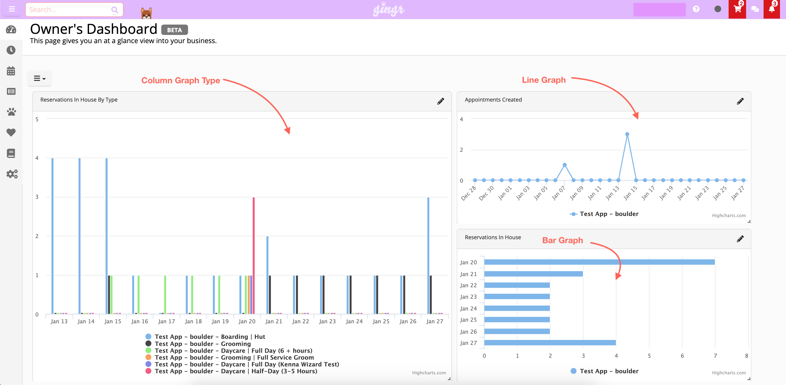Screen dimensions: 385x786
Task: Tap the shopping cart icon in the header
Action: click(737, 9)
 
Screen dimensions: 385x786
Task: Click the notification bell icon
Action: click(772, 9)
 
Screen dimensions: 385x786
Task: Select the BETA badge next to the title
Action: click(174, 30)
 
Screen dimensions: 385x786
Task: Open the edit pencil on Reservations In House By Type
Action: click(440, 101)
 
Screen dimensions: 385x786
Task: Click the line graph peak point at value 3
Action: click(627, 134)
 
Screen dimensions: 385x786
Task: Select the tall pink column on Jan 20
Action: click(254, 256)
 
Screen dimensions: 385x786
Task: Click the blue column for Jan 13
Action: click(52, 235)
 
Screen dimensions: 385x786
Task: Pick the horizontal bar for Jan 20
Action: click(599, 262)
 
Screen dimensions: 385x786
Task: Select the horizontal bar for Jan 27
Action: click(550, 343)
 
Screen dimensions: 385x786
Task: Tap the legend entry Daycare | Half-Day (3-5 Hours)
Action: click(236, 371)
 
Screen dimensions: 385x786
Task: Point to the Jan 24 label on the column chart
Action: click(354, 321)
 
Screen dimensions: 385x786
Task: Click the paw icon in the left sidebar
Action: click(11, 112)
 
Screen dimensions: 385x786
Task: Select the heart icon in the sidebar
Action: click(11, 133)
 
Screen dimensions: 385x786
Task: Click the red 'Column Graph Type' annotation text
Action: click(181, 81)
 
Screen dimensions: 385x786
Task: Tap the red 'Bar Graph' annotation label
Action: click(562, 240)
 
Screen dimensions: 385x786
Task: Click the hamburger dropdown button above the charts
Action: click(39, 79)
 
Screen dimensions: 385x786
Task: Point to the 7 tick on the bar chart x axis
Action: click(715, 356)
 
